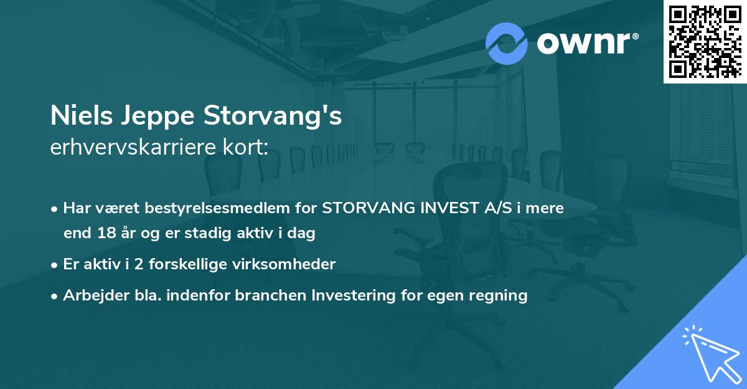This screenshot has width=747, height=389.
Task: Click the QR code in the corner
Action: (705, 41)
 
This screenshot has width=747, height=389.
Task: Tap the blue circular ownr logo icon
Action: (506, 44)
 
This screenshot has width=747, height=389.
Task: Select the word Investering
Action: (357, 295)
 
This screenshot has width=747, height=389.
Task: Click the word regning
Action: (501, 295)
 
